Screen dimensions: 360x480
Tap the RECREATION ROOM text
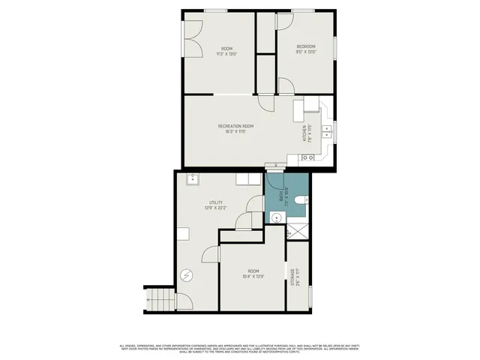(x=236, y=125)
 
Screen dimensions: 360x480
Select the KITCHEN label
(x=304, y=134)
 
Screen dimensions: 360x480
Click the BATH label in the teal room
(x=282, y=194)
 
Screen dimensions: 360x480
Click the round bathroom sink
(x=275, y=218)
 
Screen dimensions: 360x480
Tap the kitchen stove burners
(x=307, y=158)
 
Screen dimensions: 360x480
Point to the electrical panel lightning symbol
(x=187, y=275)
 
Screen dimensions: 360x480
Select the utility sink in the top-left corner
(x=192, y=178)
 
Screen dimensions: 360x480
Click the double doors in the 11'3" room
(x=192, y=38)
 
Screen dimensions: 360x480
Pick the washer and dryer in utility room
(x=247, y=179)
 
